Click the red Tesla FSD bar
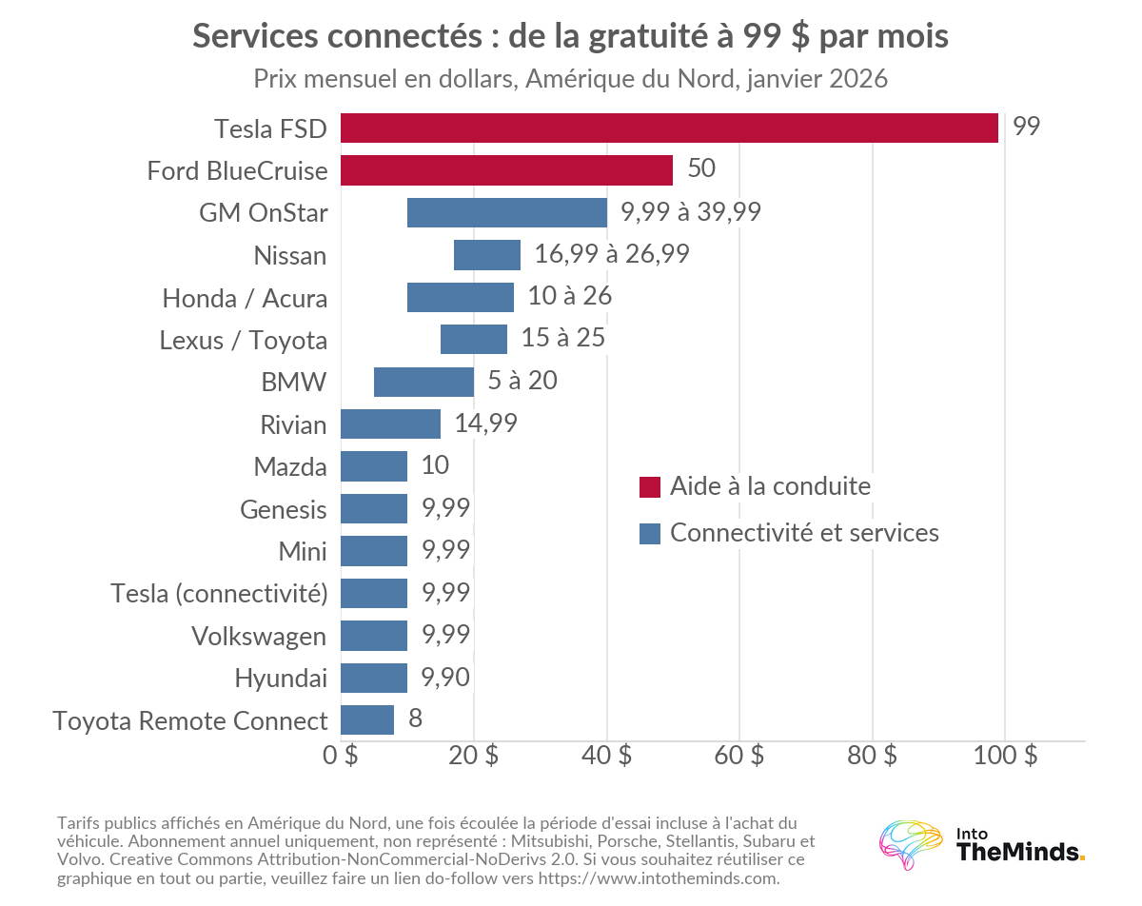pyautogui.click(x=669, y=128)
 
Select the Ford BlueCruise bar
pyautogui.click(x=507, y=170)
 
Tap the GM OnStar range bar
pyautogui.click(x=507, y=212)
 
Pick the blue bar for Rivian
pyautogui.click(x=390, y=424)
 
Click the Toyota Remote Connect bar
pyautogui.click(x=367, y=719)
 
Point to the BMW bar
pyautogui.click(x=424, y=382)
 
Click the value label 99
pyautogui.click(x=1026, y=127)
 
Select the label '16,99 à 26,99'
pyautogui.click(x=612, y=254)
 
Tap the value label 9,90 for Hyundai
pyautogui.click(x=445, y=678)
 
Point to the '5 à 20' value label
pyautogui.click(x=522, y=381)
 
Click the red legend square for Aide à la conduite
pyautogui.click(x=650, y=487)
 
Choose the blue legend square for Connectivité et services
pyautogui.click(x=650, y=534)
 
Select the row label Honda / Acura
pyautogui.click(x=245, y=298)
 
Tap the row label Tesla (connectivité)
pyautogui.click(x=219, y=594)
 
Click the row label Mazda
pyautogui.click(x=290, y=467)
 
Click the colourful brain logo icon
pyautogui.click(x=911, y=845)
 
